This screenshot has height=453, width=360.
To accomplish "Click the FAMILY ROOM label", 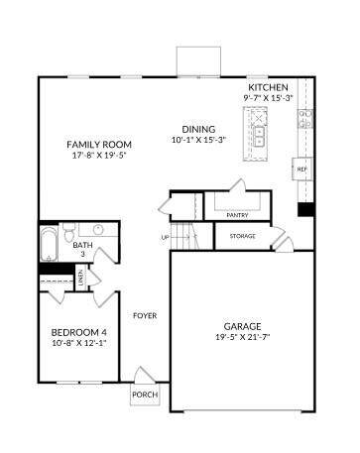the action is (x=99, y=145).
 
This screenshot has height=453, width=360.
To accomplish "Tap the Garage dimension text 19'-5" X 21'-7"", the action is (x=243, y=337).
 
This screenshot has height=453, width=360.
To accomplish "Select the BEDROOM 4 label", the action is (x=79, y=332).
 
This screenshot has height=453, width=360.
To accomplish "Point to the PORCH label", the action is (x=145, y=395).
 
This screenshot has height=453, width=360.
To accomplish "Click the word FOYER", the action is (x=145, y=316).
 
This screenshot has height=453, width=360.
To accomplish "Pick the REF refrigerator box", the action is (x=301, y=170).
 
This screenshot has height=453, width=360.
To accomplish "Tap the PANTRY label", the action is (x=237, y=215).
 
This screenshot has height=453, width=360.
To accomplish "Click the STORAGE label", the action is (x=243, y=236).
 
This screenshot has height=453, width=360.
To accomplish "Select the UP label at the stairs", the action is (x=165, y=237).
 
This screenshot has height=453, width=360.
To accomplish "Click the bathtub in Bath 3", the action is (x=50, y=244).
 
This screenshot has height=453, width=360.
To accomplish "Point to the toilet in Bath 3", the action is (x=69, y=232).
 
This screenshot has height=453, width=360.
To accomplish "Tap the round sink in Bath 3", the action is (x=98, y=229).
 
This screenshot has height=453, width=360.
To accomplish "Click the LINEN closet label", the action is (x=81, y=278).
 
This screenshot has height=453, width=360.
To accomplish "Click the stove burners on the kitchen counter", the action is (x=305, y=119).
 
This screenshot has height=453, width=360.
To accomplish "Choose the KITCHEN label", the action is (x=268, y=87).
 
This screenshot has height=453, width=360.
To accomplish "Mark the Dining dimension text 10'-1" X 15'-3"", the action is (x=198, y=140).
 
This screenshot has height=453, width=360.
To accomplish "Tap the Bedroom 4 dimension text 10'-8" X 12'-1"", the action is (x=79, y=343).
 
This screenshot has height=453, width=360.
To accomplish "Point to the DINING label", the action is (x=198, y=129).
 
